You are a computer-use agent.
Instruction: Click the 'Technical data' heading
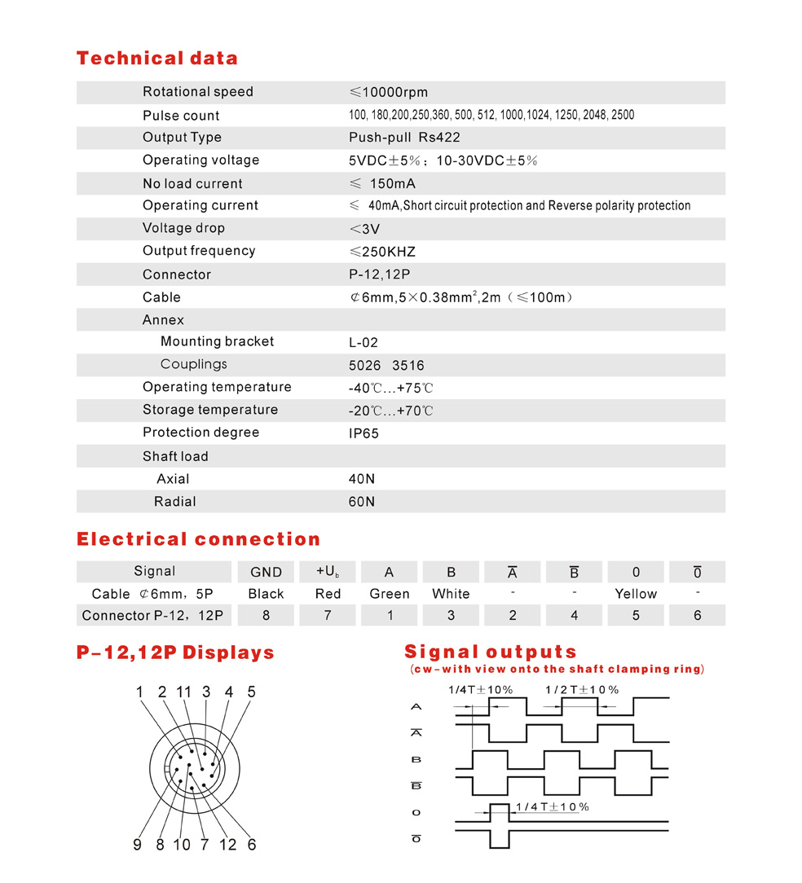coord(156,59)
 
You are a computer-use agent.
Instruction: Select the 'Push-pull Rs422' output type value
coord(404,138)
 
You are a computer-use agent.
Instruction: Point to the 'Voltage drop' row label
coord(183,228)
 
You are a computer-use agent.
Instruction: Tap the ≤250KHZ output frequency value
coord(382,252)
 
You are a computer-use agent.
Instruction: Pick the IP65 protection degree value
coord(364,433)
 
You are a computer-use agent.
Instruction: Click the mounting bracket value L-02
coord(364,343)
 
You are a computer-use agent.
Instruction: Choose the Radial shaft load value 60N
coord(362,502)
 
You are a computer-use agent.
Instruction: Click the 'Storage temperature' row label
coord(210,410)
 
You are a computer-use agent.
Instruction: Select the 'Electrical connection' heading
coord(198,539)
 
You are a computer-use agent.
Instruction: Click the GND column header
coord(267,572)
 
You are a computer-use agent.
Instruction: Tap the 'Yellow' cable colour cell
coord(637,594)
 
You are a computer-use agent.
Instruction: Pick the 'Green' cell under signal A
coord(390,594)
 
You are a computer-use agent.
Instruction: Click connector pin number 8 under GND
coord(267,616)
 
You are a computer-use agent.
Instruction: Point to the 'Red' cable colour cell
coord(328,594)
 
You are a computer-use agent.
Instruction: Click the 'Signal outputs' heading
coord(491,652)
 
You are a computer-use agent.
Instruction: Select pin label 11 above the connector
coord(183,692)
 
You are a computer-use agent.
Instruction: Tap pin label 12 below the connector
coord(227,845)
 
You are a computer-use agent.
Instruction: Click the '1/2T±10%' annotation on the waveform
coord(582,690)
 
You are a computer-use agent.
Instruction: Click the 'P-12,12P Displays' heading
coord(175,652)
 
